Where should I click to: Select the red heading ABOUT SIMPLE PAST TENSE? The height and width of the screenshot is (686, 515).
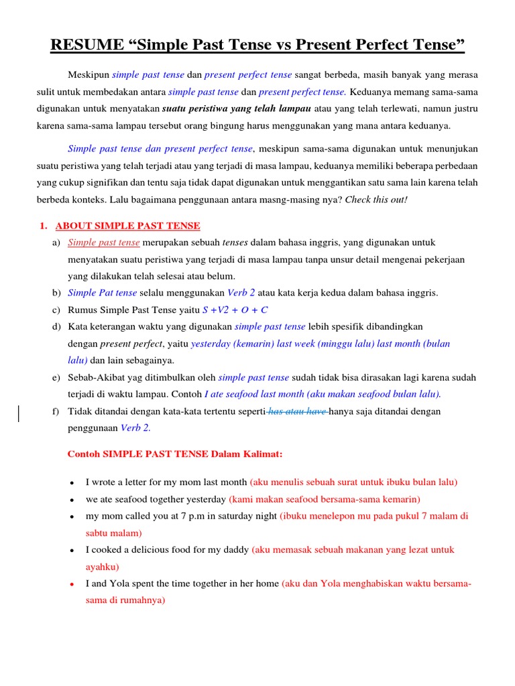click(x=127, y=226)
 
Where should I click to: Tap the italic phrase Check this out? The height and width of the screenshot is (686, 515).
click(x=376, y=199)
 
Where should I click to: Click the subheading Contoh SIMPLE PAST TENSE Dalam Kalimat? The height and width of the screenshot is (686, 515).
click(x=175, y=454)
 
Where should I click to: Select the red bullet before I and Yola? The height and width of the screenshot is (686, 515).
click(x=71, y=584)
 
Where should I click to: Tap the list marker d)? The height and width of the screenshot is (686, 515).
click(x=56, y=327)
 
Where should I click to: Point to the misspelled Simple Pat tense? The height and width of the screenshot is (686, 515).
click(x=103, y=293)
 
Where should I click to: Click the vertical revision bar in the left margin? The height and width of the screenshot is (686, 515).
click(x=18, y=413)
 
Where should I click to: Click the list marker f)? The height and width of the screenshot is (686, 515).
click(x=56, y=411)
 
